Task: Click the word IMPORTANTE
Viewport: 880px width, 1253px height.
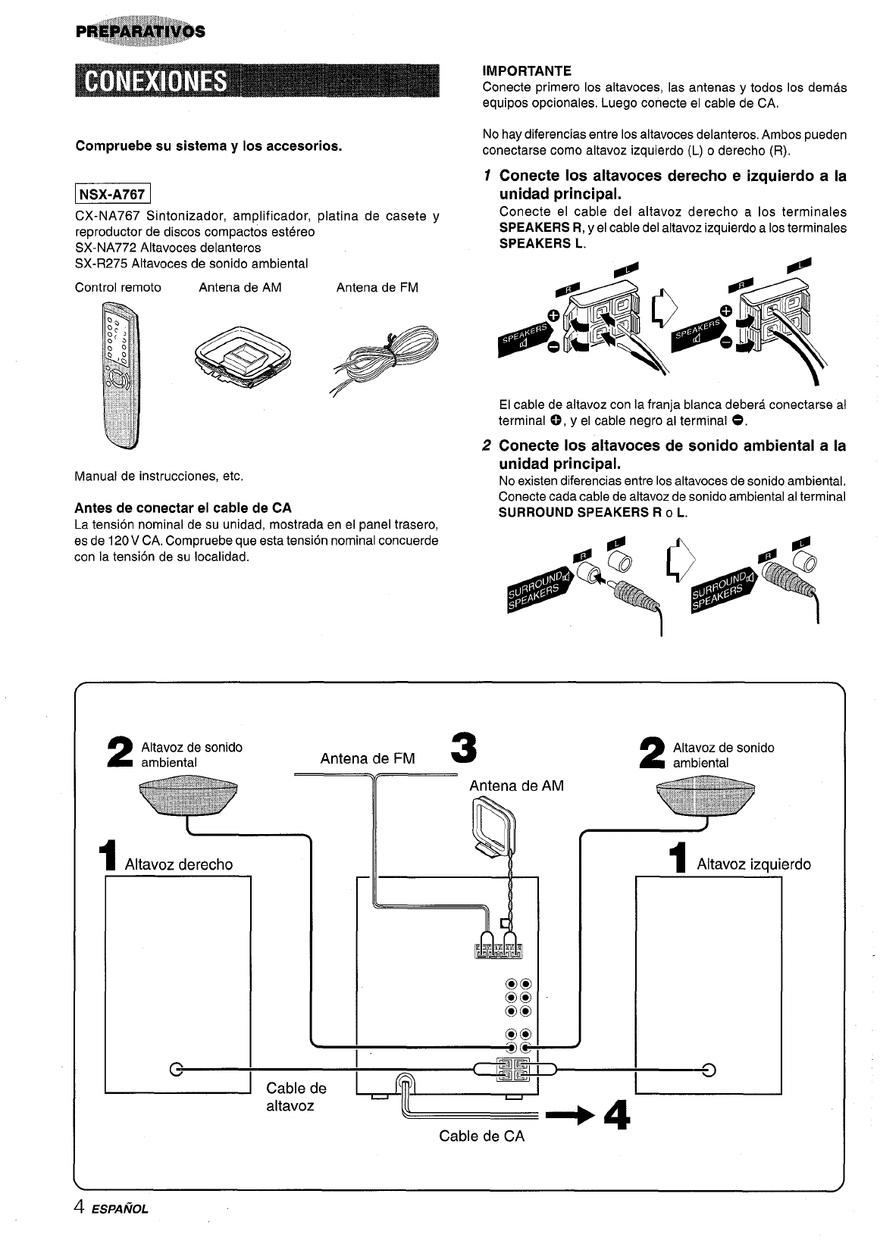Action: point(527,71)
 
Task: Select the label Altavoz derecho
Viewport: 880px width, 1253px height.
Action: point(178,864)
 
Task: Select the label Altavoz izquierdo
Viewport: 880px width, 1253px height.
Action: point(753,864)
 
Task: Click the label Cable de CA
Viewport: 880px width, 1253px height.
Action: point(481,1136)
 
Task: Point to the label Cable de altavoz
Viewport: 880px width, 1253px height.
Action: point(296,1097)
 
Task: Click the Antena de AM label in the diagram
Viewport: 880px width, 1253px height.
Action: point(516,786)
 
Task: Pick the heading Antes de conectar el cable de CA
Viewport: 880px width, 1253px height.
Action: point(183,508)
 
